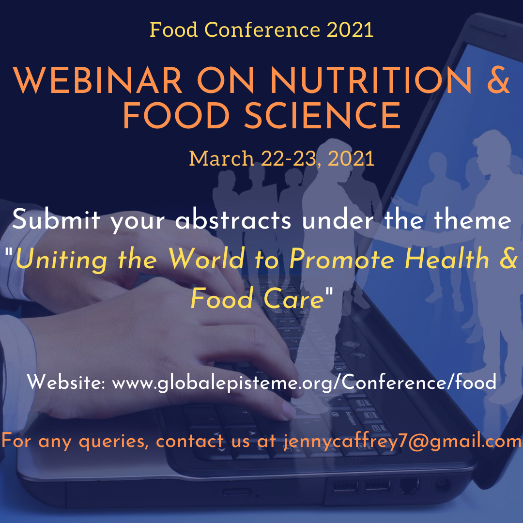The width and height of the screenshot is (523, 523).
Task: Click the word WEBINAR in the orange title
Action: coord(98,80)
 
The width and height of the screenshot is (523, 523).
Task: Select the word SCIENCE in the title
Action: coord(323,115)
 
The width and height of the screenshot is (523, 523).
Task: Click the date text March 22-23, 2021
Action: coord(282,158)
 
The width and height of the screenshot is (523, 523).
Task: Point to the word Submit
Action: coord(56,219)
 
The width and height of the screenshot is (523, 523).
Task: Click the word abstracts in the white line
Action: coord(233,219)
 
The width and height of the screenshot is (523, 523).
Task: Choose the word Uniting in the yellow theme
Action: coord(62,260)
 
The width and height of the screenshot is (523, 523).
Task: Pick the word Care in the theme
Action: coord(293,298)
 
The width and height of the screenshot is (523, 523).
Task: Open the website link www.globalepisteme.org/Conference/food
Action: coord(304,382)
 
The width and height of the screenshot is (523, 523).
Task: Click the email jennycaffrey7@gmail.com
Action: coord(402,442)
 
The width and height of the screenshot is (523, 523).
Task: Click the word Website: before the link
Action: coord(66,382)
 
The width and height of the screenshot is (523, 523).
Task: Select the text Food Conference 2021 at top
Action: coord(261,30)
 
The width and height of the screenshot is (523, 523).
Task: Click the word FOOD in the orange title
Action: coord(176,115)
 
